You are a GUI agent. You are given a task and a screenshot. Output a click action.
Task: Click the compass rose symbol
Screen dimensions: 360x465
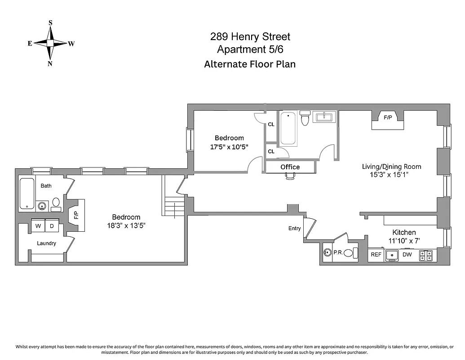pos(50,43)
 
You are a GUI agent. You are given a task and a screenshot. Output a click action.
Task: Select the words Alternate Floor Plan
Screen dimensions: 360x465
pos(250,64)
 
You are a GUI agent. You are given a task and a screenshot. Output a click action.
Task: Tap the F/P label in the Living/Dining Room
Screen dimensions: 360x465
pos(388,117)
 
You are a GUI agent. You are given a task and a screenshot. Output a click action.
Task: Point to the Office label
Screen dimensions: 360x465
pos(290,167)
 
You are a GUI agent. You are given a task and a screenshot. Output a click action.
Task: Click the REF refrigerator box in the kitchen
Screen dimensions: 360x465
pos(376,255)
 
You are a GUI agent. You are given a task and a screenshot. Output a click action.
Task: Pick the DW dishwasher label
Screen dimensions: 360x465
pos(407,255)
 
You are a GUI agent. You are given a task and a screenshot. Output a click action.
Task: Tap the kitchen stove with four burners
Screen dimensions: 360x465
pos(426,256)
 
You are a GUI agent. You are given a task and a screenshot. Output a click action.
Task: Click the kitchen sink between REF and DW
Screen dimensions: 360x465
pos(392,255)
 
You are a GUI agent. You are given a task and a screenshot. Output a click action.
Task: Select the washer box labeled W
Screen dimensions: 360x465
pos(38,226)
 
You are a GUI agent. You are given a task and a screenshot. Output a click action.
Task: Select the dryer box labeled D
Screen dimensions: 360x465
pos(52,226)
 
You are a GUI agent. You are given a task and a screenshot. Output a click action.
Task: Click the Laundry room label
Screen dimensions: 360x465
pos(46,243)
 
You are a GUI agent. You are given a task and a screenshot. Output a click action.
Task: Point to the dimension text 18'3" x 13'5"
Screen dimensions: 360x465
pos(126,225)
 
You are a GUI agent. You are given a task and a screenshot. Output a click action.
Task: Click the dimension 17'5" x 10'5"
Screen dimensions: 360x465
pos(229,147)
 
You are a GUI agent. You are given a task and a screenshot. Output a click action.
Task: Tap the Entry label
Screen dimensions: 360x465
pos(294,229)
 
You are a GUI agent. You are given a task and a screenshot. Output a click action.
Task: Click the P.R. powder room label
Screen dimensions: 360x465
pos(338,253)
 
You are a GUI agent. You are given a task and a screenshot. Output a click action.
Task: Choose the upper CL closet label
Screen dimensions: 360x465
pos(271,125)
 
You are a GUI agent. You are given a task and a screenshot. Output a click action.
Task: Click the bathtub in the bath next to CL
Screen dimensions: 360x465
pos(288,129)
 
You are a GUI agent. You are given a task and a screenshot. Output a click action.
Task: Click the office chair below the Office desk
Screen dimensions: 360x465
pos(290,177)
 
